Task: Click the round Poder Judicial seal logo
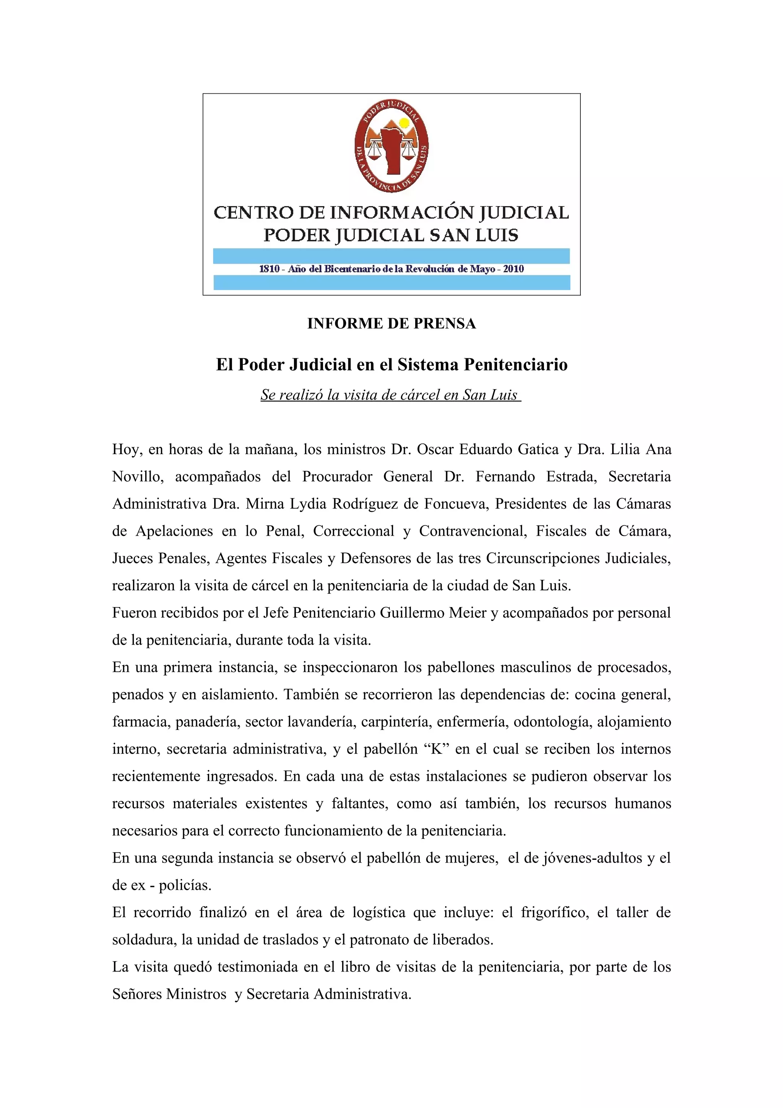[391, 147]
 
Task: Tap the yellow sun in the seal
[404, 123]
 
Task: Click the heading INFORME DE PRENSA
[391, 323]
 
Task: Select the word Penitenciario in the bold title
[515, 365]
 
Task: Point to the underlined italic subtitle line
[390, 395]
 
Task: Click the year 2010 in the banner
[513, 269]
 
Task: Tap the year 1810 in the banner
[269, 269]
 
